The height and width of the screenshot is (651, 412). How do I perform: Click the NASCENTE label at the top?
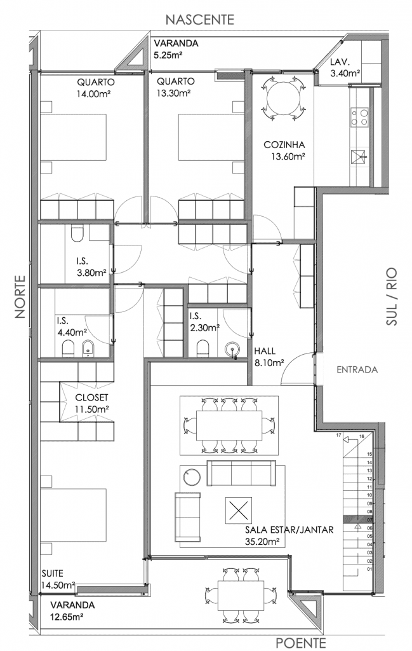(200, 20)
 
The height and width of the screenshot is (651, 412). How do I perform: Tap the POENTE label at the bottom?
(301, 643)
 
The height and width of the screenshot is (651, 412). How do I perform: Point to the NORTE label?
(20, 297)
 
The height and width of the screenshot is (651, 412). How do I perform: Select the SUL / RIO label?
(391, 296)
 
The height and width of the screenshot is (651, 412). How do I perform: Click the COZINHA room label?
(284, 145)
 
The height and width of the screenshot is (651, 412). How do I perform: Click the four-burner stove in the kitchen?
(359, 117)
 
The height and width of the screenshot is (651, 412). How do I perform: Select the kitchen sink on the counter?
(359, 158)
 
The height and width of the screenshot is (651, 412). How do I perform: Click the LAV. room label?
(340, 63)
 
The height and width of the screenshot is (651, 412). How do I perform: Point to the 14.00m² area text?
(93, 94)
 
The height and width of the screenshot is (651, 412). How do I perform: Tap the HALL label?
(265, 351)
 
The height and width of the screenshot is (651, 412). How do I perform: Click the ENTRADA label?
(357, 369)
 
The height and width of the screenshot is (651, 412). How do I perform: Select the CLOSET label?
(91, 398)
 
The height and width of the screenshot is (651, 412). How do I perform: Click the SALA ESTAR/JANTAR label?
(289, 530)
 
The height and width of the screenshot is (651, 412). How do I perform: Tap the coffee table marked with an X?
(239, 510)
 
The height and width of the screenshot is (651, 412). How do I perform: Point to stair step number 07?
(369, 520)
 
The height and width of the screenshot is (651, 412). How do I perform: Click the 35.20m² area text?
(262, 542)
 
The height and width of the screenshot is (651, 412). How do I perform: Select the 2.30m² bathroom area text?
(205, 328)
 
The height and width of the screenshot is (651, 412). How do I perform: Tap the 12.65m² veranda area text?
(67, 617)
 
